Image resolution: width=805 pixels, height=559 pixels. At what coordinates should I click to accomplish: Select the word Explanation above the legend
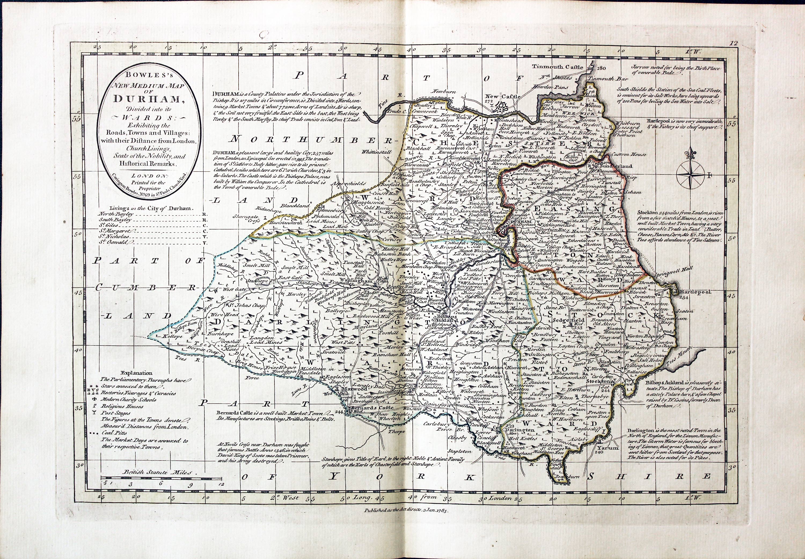point(137,373)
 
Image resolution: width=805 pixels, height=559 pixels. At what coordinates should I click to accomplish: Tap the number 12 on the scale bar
point(221,484)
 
